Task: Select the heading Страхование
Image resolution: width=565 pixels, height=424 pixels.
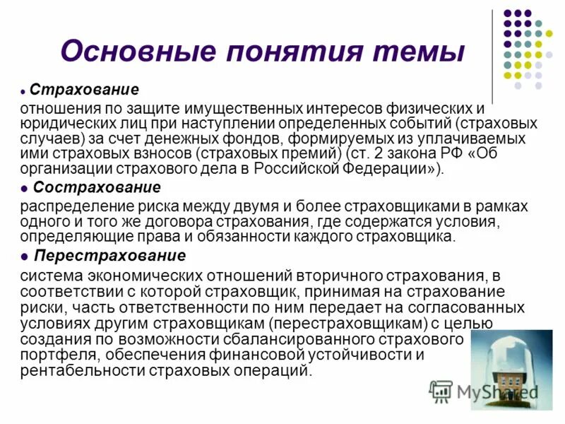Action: (84, 90)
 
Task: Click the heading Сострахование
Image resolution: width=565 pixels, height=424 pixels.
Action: (97, 187)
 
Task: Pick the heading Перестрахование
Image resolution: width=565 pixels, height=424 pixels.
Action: (110, 255)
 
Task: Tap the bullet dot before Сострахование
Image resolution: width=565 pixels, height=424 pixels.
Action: (25, 189)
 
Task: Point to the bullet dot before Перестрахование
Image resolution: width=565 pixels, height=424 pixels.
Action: (25, 257)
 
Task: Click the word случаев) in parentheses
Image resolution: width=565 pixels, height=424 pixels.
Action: (49, 138)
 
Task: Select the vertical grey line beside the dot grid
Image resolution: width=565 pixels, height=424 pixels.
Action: (493, 57)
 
